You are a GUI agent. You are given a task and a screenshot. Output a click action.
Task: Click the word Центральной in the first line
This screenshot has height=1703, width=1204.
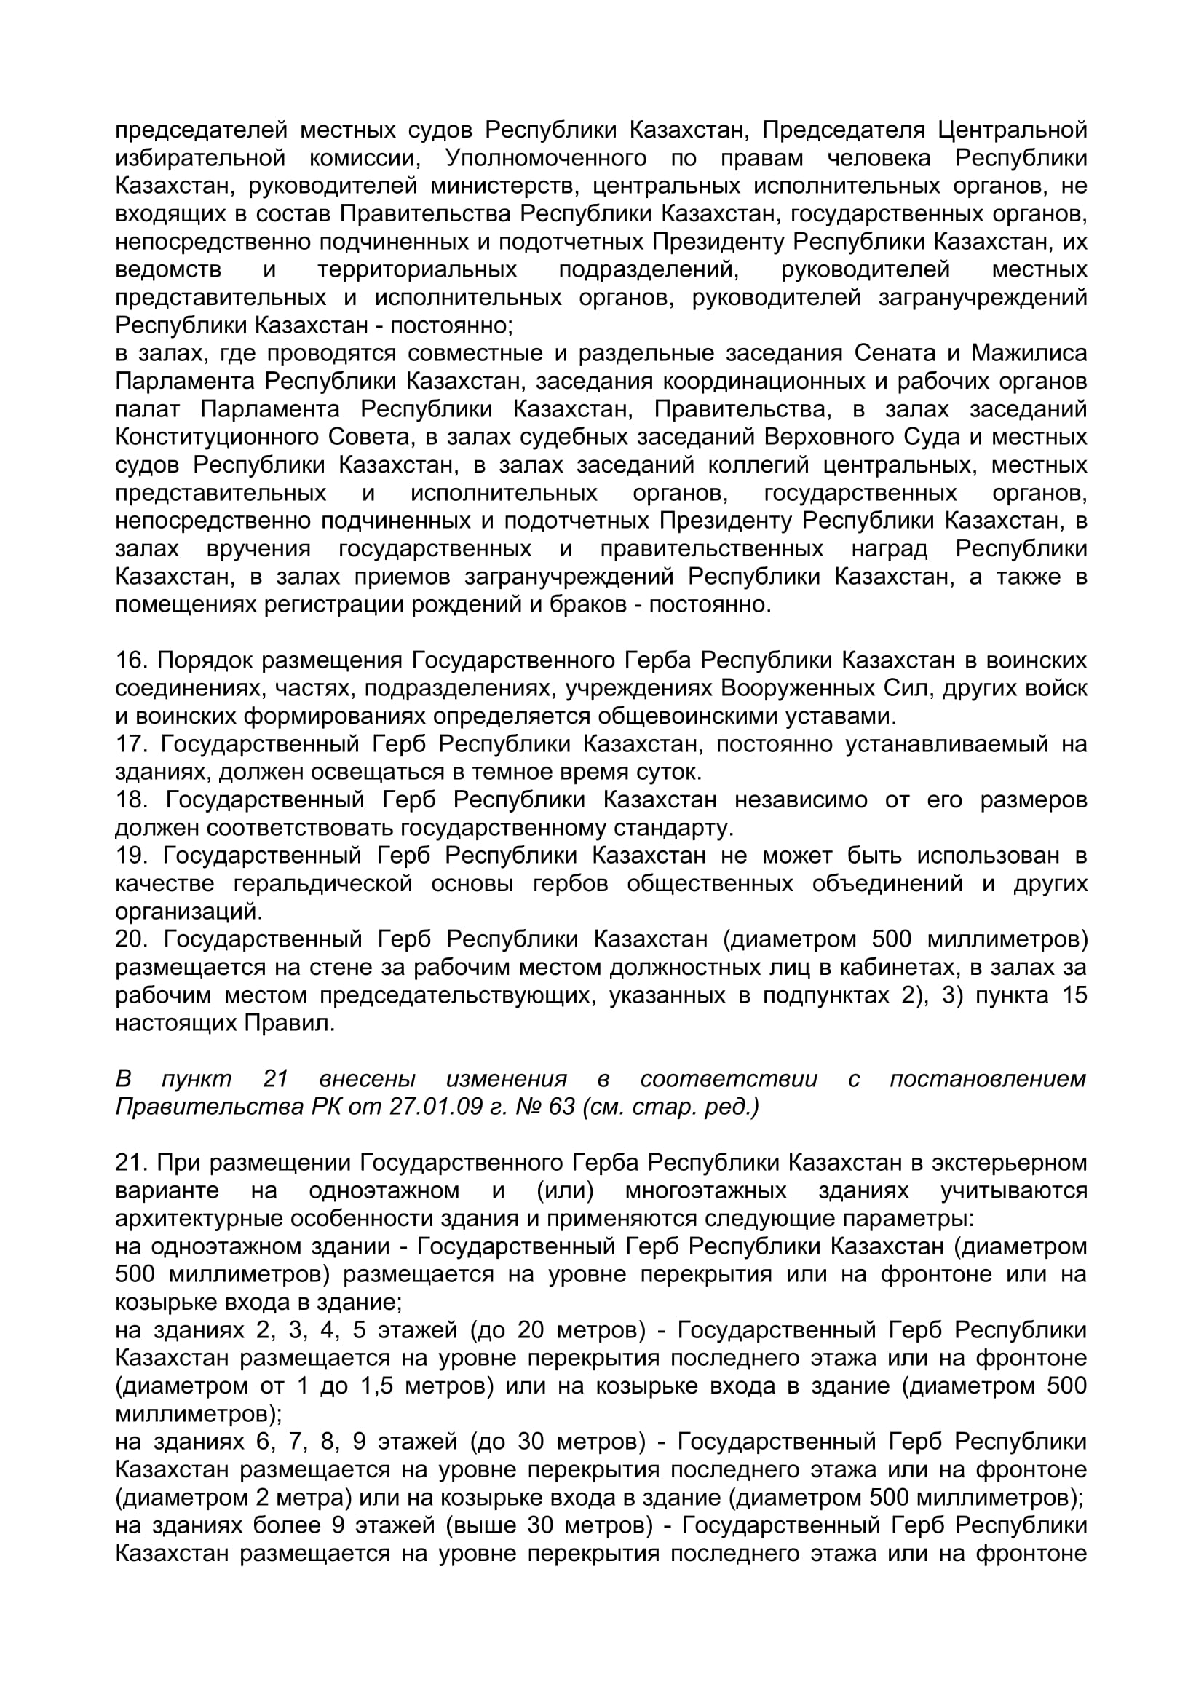coord(1012,130)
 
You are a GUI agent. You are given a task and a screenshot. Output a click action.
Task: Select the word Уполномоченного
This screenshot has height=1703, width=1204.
coord(546,158)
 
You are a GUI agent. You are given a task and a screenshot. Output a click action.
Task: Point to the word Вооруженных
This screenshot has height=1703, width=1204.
coord(802,688)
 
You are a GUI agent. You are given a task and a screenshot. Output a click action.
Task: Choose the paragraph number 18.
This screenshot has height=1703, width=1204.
coord(130,799)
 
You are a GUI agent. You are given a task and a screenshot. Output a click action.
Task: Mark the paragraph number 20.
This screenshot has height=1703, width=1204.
coord(130,939)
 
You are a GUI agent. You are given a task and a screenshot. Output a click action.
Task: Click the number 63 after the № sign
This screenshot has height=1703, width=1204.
coord(561,1107)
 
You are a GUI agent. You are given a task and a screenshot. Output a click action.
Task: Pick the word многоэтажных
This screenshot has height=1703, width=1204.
coord(706,1190)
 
